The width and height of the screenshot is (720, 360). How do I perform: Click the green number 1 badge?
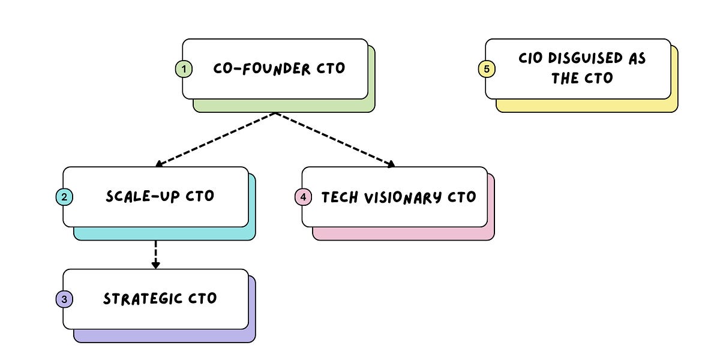point(184,69)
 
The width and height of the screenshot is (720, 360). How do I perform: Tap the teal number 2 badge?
point(64,197)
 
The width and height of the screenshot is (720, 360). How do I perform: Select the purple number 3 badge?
point(64,299)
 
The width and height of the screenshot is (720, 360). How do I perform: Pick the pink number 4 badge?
point(303,197)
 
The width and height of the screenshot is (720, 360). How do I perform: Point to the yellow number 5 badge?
point(486,69)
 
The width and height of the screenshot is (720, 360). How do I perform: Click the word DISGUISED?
point(586,59)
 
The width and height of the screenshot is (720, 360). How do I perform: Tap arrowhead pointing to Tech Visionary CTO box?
point(391,164)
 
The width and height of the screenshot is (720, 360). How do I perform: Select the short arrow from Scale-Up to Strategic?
point(155,255)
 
